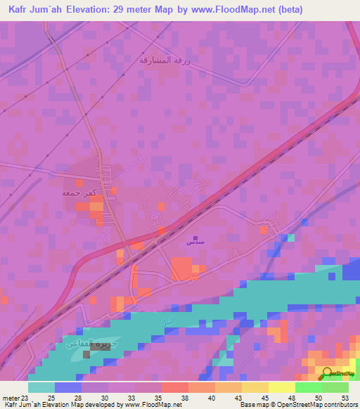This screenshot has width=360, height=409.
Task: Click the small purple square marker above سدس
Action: pyautogui.click(x=195, y=228)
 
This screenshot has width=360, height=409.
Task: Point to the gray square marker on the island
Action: pyautogui.click(x=86, y=354)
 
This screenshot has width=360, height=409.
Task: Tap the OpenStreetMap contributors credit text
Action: pyautogui.click(x=310, y=404)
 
